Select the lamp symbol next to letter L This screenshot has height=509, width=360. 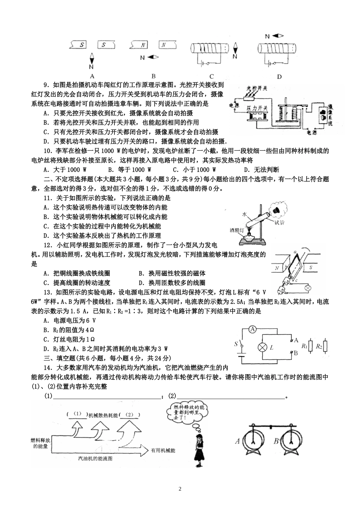point(261,347)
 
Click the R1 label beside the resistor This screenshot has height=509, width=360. point(304,346)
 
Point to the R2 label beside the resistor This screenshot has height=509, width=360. point(319,346)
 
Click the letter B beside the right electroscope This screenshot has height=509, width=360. point(276,441)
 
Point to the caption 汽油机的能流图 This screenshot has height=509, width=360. point(95,458)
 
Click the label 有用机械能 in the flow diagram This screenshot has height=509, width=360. point(163,451)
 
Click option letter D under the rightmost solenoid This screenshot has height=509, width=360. point(279,77)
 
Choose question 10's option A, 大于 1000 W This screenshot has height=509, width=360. point(65,170)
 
